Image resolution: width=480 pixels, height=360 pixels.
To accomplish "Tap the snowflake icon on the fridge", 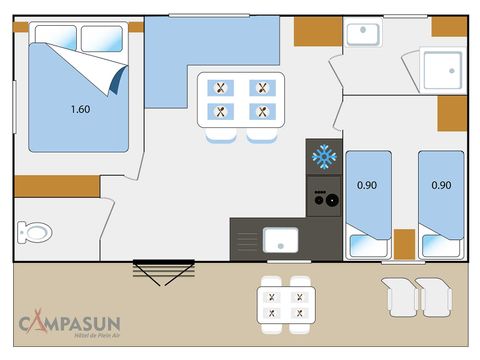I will (x=322, y=156).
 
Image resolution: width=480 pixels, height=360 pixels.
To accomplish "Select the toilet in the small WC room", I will (x=34, y=232).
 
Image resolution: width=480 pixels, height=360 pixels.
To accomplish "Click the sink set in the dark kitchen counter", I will (x=280, y=239).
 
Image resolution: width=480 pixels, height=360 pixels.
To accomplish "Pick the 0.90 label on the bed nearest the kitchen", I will (x=367, y=185).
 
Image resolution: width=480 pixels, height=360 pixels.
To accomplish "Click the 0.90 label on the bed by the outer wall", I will (x=440, y=185).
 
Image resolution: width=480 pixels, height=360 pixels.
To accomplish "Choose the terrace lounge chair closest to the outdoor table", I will (x=400, y=294).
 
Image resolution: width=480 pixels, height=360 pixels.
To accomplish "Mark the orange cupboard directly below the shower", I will (x=452, y=114).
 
